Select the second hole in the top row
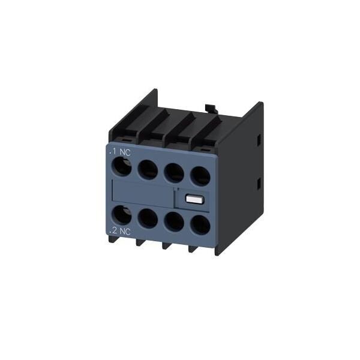(148, 170)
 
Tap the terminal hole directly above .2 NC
(122, 215)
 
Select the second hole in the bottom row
(148, 218)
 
